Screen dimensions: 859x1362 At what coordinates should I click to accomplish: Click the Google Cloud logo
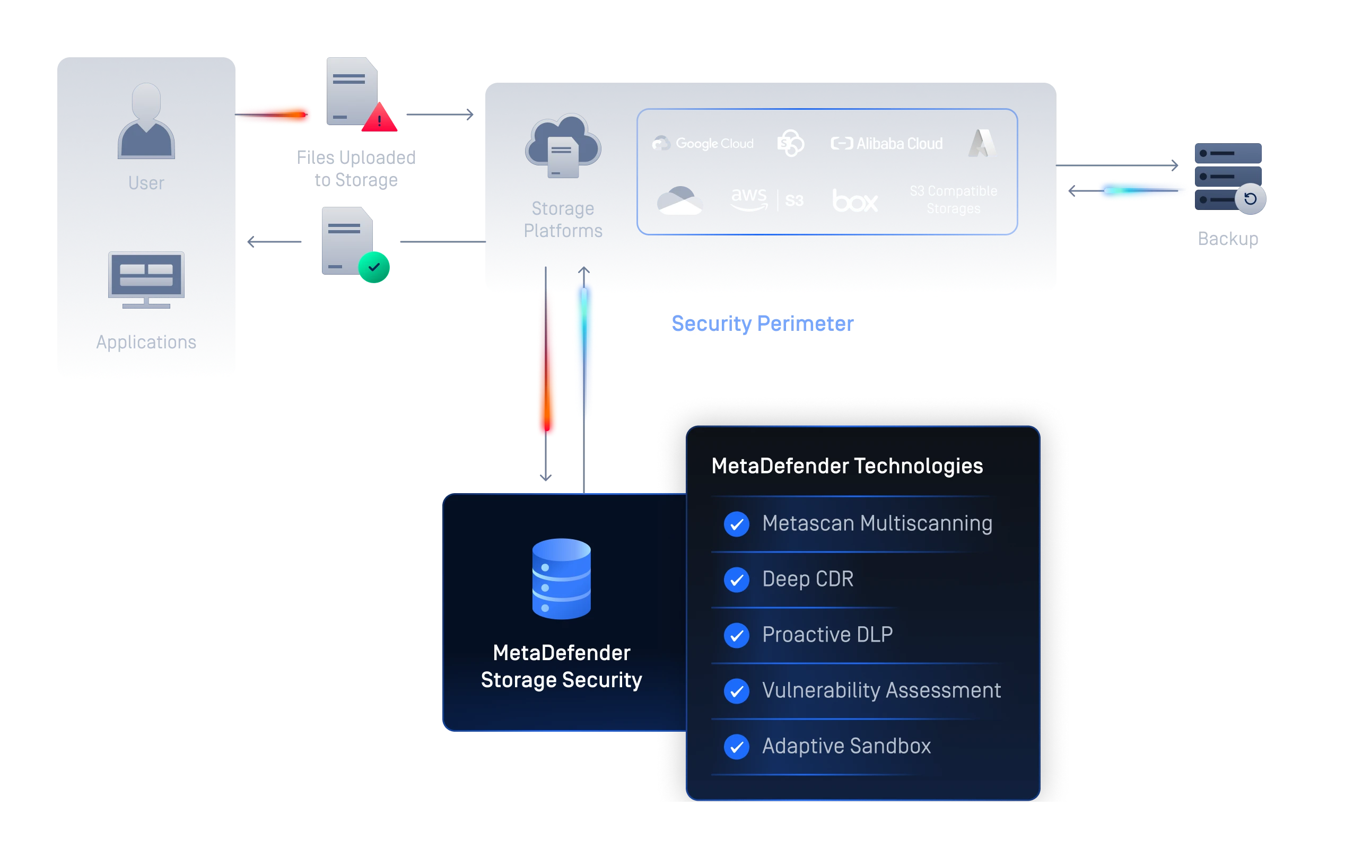703,144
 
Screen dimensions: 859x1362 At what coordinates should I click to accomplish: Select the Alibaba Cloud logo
886,144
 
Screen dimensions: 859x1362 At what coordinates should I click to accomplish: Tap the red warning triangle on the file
380,118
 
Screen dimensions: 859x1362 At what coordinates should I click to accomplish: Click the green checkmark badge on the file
374,267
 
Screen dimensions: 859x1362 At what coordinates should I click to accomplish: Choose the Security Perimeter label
762,323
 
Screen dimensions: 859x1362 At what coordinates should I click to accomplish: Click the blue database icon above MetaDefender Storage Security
561,578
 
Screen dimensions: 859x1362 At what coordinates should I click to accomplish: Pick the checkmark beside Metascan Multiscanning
737,524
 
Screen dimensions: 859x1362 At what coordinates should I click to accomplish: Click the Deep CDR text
807,579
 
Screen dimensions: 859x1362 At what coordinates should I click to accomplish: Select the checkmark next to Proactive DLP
737,635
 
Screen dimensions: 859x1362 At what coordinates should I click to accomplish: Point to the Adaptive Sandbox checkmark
737,747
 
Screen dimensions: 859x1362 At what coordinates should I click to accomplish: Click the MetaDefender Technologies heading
846,466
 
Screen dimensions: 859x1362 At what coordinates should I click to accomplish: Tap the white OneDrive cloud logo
680,201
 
